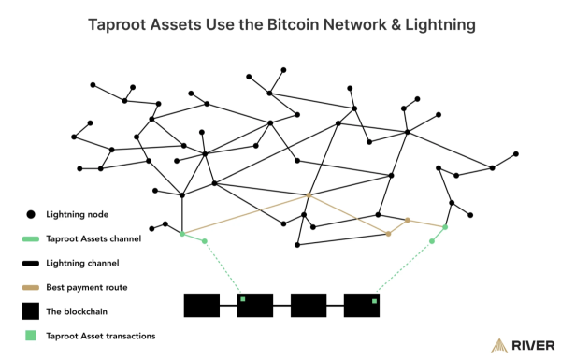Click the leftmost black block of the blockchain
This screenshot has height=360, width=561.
201,307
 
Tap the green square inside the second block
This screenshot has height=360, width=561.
242,299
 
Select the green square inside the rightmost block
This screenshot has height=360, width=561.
374,301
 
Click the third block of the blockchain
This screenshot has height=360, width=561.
308,307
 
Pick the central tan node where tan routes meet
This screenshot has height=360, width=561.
309,195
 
